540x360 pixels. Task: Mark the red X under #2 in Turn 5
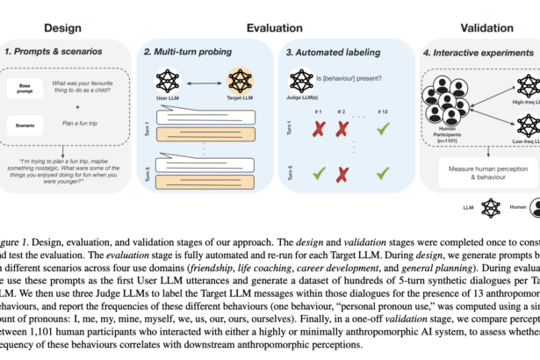pos(343,171)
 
